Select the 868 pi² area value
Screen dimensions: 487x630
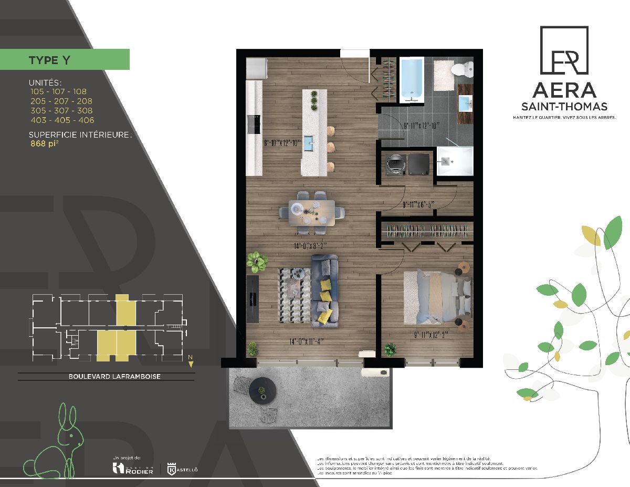point(45,144)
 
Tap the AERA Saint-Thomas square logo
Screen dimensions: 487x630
point(563,51)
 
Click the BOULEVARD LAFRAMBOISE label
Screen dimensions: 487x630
point(107,376)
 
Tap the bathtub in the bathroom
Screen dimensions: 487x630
point(412,80)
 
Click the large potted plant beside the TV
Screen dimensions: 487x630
point(257,261)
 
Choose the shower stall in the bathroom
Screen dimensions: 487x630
point(455,162)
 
